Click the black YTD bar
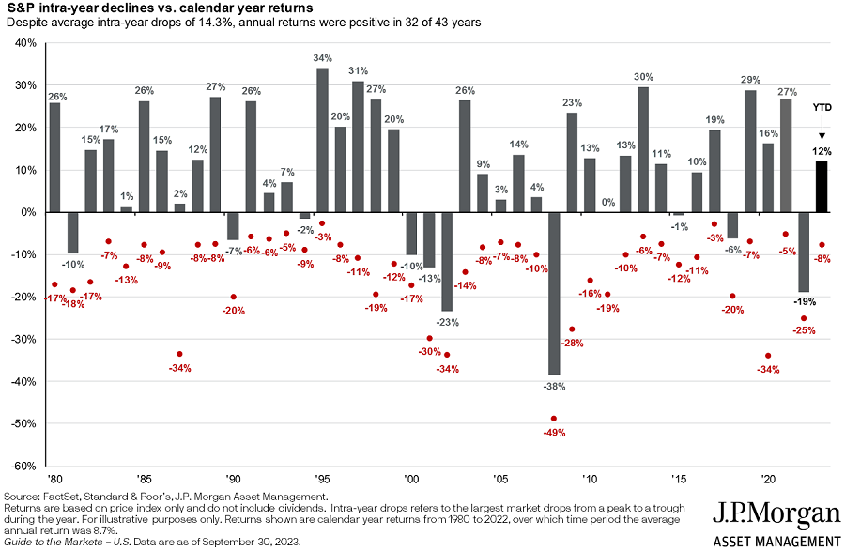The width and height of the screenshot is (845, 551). pos(821,187)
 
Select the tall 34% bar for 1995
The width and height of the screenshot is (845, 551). pos(322,140)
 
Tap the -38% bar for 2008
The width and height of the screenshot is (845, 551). pos(554,293)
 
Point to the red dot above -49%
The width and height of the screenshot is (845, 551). pos(553,418)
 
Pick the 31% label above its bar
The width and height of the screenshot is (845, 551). pos(358,71)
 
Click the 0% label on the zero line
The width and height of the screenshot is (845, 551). pos(607,202)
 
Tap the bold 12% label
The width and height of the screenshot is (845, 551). pos(821,151)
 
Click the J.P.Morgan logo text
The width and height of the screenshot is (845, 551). pos(776,514)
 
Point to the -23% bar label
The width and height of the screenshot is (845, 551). pos(447,322)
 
